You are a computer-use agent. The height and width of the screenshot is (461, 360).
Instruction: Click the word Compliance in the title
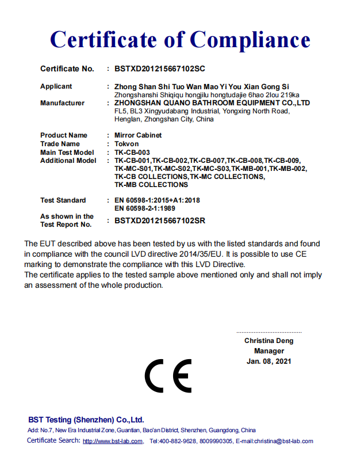250,39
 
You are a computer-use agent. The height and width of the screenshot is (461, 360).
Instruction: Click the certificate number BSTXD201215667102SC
159,69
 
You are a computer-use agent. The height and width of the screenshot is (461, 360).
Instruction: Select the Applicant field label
56,86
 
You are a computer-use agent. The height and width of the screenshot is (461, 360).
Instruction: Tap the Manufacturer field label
62,103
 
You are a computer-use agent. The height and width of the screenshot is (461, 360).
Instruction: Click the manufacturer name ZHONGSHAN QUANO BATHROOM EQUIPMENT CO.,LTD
212,103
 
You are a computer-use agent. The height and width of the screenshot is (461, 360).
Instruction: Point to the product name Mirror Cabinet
138,135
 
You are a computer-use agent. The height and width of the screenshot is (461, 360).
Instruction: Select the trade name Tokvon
127,144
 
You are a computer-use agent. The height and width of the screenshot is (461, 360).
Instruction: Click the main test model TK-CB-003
133,152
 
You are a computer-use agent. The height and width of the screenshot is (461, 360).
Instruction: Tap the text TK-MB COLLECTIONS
151,185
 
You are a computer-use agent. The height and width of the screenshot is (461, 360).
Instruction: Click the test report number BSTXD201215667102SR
160,220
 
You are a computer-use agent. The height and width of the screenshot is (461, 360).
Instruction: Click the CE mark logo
168,376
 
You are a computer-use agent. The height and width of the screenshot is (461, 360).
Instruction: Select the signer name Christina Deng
269,341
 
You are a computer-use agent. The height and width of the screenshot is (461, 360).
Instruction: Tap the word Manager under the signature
269,351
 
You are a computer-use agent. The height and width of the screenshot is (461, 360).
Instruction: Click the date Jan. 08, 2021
269,361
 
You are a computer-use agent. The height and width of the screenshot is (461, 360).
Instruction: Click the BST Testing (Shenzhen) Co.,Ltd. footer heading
86,420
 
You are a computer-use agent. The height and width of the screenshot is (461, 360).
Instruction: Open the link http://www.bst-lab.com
113,441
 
